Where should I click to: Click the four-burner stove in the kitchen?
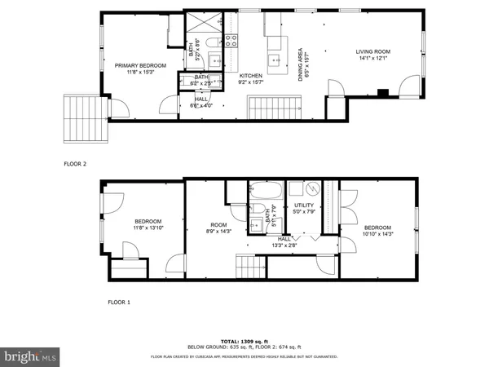coord(231,39)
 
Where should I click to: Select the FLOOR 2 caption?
coord(76,163)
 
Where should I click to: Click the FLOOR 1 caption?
coord(119,302)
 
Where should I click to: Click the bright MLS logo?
coord(31,356)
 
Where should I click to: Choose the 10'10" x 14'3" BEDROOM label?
coord(378,230)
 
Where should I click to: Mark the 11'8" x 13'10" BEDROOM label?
coord(148,224)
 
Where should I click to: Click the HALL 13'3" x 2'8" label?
coord(284,241)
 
